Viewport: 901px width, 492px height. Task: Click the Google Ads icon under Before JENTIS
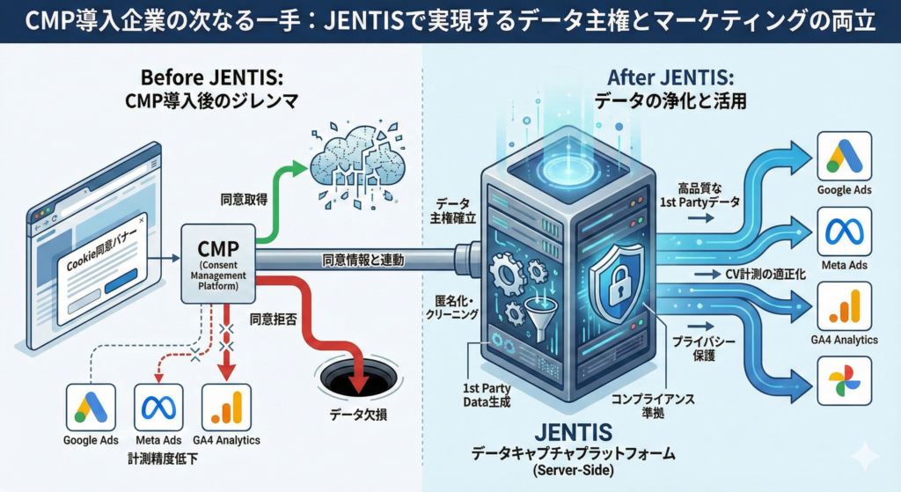(x=91, y=407)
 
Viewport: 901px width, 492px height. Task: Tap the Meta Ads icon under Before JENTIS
(x=159, y=407)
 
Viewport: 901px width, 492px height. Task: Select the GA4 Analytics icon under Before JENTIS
(x=226, y=407)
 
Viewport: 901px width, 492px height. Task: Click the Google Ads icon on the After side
(x=844, y=158)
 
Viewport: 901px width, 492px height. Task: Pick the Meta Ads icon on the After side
(x=844, y=233)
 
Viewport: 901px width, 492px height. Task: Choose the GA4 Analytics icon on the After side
(x=844, y=306)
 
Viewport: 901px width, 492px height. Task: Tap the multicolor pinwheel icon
(x=844, y=380)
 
